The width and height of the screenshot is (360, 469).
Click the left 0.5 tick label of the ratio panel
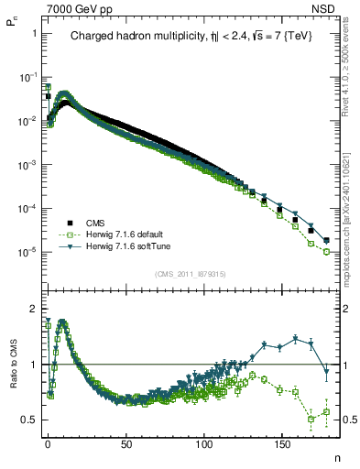(x=28, y=420)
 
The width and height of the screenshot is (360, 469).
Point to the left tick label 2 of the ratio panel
(x=33, y=308)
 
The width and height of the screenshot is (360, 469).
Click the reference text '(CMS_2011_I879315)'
(x=191, y=274)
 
